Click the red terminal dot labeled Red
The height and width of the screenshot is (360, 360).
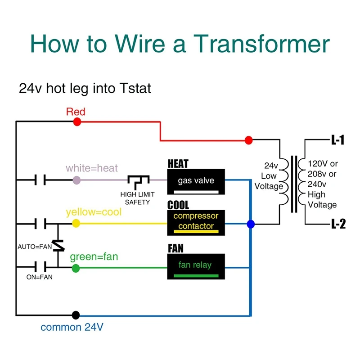coord(77,121)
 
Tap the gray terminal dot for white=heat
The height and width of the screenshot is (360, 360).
coord(76,180)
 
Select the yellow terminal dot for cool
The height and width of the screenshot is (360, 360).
coord(76,223)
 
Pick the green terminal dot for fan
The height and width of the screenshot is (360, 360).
coord(76,268)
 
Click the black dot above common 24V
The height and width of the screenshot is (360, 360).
coord(76,315)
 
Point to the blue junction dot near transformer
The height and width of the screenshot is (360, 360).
coord(251,224)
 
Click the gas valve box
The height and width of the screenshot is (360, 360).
coord(196,181)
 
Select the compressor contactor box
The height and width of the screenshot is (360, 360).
coord(196,222)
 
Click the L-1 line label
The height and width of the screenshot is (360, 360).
coord(337,140)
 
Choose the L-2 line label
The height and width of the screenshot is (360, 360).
coord(337,224)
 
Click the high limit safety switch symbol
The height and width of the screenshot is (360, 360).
coord(137,182)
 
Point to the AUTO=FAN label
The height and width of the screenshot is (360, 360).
coord(34,247)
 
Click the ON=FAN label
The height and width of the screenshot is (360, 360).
coord(39,277)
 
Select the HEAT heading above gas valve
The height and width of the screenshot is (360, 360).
coord(178,163)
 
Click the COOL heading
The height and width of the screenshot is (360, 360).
coord(178,205)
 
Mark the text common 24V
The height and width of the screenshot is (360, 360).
coord(72,327)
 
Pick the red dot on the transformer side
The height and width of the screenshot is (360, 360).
coord(248,140)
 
